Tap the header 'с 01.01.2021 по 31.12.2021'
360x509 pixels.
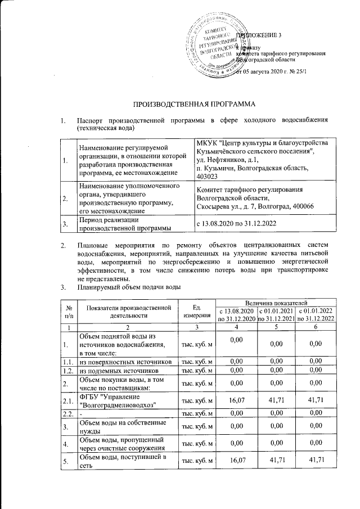[x=276, y=315]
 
